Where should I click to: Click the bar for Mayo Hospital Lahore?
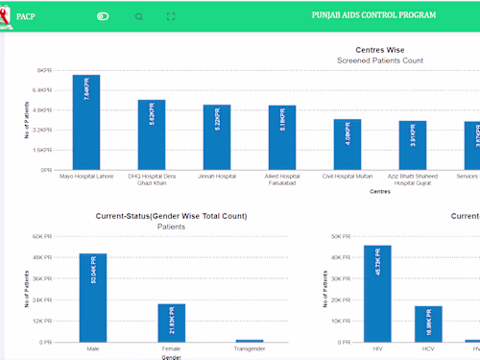86,123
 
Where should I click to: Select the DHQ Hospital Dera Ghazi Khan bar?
152,135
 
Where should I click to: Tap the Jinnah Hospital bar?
217,137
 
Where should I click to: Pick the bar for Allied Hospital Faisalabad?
282,138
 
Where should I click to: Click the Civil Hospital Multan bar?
348,145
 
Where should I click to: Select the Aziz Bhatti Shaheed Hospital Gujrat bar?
413,146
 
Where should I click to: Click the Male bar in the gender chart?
93,298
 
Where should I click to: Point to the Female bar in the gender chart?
171,323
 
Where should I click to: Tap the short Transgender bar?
250,340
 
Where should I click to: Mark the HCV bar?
428,324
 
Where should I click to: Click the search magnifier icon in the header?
139,16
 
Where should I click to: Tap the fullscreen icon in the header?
171,16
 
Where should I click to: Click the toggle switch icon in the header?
104,16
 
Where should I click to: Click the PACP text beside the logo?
26,16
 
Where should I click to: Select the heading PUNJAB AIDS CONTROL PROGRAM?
373,16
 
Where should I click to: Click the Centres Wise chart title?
380,49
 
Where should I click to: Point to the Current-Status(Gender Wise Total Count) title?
171,216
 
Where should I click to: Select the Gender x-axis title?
171,357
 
